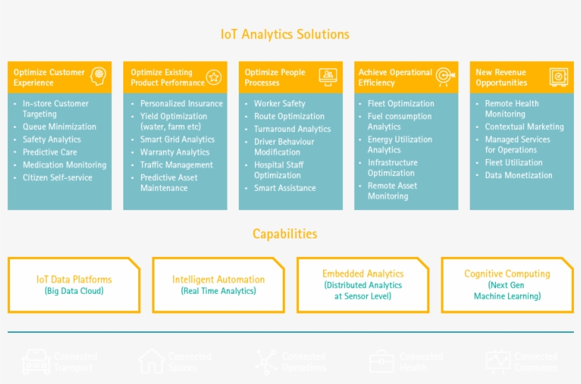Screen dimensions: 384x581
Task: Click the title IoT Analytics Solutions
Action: click(x=285, y=34)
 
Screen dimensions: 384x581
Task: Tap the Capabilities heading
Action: click(x=285, y=234)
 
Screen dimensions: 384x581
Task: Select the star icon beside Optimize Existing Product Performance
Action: click(x=213, y=77)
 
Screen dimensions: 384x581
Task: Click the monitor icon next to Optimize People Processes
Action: click(x=328, y=76)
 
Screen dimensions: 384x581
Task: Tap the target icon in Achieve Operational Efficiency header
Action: click(x=444, y=76)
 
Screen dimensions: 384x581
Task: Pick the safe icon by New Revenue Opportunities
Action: click(x=558, y=77)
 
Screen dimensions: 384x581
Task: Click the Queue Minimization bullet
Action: click(x=59, y=127)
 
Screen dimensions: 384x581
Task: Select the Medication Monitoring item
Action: click(x=64, y=165)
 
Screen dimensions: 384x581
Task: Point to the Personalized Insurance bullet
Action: click(x=181, y=104)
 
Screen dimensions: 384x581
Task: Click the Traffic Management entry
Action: click(x=176, y=165)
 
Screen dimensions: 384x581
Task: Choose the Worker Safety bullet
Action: click(x=279, y=104)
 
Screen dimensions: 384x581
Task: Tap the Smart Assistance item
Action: click(x=285, y=188)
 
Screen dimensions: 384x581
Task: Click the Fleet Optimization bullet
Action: click(x=400, y=104)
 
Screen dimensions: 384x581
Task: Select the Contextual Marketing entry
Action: click(x=524, y=127)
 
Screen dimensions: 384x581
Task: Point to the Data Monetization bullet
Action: click(x=518, y=175)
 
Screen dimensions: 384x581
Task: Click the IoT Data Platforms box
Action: click(x=74, y=285)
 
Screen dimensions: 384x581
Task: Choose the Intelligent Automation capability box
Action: click(x=218, y=285)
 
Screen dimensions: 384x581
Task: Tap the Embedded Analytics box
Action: click(x=363, y=285)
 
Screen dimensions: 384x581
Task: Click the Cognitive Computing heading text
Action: click(x=507, y=274)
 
